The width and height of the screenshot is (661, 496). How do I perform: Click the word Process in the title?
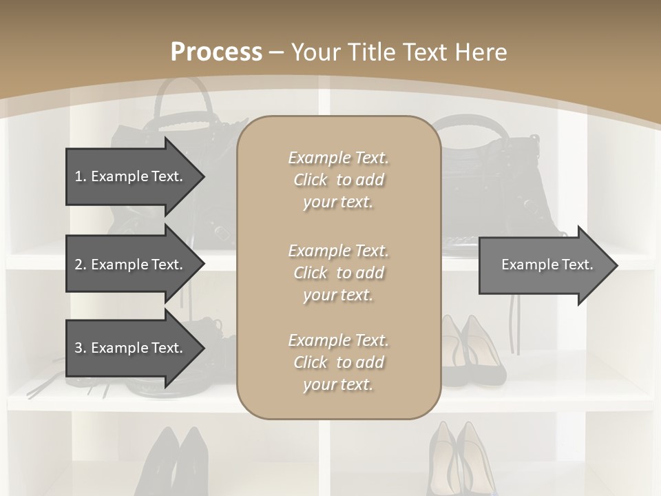pos(216,52)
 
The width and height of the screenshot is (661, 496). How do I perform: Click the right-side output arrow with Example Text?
pos(547,265)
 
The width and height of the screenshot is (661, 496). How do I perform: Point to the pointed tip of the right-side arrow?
pos(616,265)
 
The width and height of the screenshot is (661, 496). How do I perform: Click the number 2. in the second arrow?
pos(81,265)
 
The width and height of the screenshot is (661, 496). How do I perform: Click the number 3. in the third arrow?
pos(81,349)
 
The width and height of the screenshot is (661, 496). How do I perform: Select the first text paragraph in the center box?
pos(338,180)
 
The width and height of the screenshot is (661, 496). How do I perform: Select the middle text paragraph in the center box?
pos(338,273)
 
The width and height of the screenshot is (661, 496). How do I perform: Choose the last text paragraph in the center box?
pos(338,362)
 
